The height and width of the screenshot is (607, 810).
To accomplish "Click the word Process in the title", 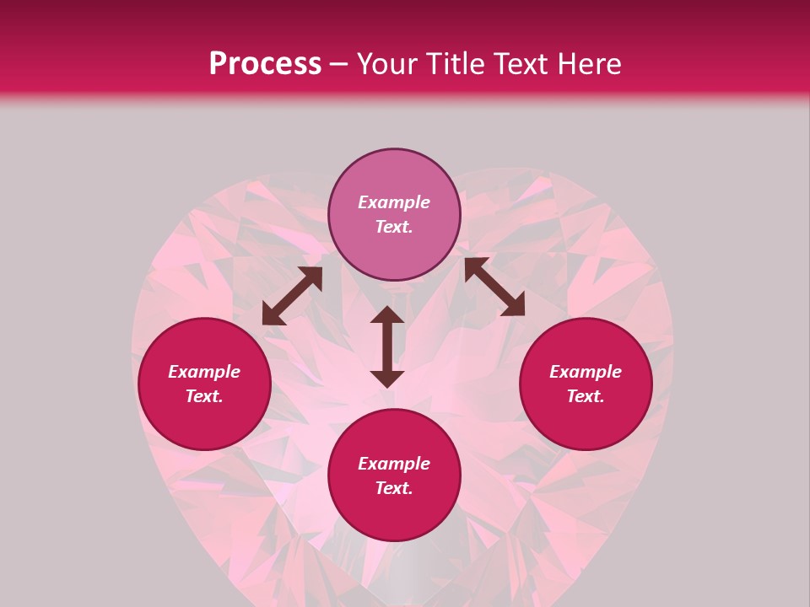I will pos(265,64).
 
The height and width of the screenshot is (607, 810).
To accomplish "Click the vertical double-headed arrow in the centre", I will pos(387,346).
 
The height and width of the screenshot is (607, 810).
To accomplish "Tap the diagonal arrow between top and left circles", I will pos(292,296).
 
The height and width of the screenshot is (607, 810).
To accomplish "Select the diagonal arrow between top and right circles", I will pos(494,287).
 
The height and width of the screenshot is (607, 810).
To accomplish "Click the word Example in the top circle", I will pos(394,202).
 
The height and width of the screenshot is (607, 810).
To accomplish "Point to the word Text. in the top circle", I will pos(394,227).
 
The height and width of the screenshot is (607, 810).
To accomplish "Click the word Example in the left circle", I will pos(204,372).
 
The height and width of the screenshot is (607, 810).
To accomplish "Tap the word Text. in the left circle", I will pos(204,396).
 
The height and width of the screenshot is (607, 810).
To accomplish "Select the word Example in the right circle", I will pos(586,372).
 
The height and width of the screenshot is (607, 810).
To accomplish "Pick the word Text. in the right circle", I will pos(586,396).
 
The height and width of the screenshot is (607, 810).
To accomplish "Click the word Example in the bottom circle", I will pos(394,464).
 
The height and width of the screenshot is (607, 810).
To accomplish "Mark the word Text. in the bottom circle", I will pos(394,488).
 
